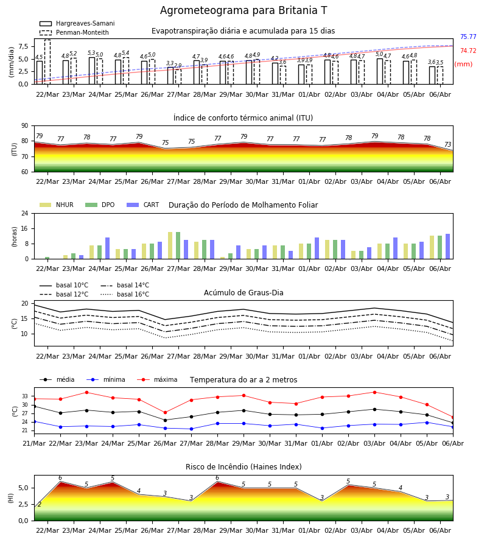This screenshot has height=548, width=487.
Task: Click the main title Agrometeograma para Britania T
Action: (243, 10)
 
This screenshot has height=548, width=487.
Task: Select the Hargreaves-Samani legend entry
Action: (77, 23)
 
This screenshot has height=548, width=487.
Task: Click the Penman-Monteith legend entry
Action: (74, 32)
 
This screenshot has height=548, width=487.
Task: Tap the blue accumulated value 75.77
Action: (468, 37)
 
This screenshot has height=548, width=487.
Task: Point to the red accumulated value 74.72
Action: (468, 51)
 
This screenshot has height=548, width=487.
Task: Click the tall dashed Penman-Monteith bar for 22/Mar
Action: (47, 62)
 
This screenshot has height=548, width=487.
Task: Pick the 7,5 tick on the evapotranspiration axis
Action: (24, 46)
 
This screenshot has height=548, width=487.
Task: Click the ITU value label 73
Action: (447, 144)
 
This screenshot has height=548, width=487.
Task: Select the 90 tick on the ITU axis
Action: (25, 126)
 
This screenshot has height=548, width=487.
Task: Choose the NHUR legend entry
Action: (57, 205)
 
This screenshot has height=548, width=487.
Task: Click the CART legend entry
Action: (143, 205)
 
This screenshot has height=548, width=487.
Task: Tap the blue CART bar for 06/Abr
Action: (448, 247)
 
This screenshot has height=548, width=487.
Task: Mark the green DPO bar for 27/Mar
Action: (178, 245)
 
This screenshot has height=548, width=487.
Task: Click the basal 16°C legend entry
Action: (125, 294)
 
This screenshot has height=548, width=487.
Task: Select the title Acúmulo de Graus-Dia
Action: (243, 292)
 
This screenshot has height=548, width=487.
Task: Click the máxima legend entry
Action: (157, 379)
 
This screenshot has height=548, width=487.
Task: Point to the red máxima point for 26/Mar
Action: (165, 413)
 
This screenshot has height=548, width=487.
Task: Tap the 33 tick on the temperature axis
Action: (25, 396)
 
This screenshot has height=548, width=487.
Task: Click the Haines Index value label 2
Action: (40, 504)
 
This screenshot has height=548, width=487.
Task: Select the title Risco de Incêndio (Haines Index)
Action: (243, 466)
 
